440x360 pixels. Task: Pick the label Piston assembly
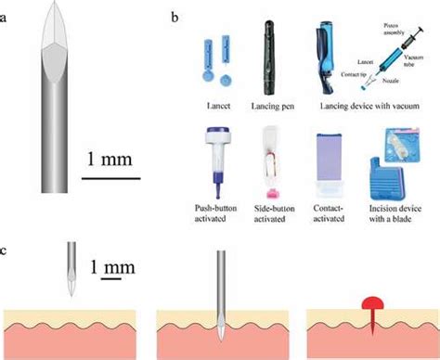[x=407, y=32]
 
